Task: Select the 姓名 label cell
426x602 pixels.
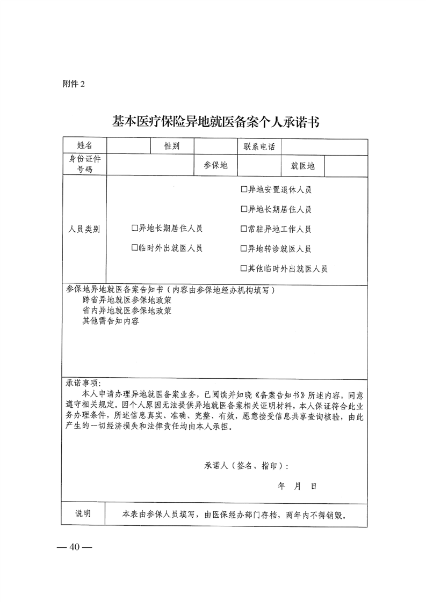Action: [x=85, y=146]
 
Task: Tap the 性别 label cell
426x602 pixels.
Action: [x=172, y=146]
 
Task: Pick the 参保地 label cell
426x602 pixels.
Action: [x=215, y=166]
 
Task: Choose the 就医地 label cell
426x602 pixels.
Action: [x=302, y=166]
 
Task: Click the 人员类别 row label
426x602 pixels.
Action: [x=84, y=229]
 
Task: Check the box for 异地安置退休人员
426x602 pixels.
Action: [x=243, y=190]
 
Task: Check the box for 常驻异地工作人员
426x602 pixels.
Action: [x=243, y=229]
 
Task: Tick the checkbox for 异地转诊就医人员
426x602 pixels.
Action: [x=243, y=249]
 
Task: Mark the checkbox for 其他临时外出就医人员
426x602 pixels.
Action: [x=243, y=269]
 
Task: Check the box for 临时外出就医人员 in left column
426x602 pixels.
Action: [x=135, y=248]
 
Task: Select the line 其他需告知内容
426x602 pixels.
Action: [x=111, y=321]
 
